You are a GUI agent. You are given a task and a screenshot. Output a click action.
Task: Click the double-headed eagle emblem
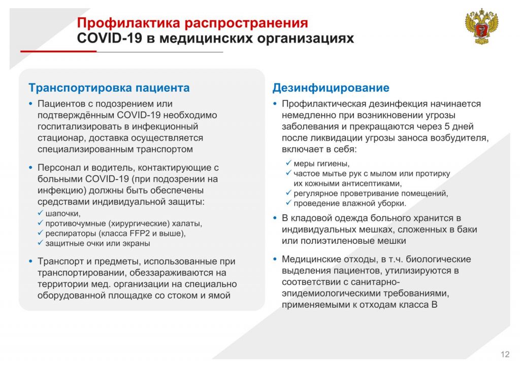[x=481, y=27]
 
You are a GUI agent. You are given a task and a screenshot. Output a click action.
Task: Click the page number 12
[x=505, y=354]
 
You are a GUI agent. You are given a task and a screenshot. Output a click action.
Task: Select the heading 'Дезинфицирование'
[x=331, y=88]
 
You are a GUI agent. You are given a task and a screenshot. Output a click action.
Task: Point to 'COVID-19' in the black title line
[x=110, y=38]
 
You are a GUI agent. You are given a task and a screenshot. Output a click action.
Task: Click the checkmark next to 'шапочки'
[x=41, y=213]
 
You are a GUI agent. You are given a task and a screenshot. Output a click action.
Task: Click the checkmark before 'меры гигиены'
[x=288, y=163]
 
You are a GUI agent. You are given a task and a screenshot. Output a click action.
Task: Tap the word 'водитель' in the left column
[x=113, y=168]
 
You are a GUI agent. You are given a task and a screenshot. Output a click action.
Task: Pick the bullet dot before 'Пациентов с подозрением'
[x=31, y=104]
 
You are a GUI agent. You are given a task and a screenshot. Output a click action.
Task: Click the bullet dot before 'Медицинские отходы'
[x=275, y=259]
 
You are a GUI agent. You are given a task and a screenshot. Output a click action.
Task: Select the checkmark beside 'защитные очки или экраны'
[x=41, y=243]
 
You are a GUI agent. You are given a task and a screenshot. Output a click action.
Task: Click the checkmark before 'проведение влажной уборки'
[x=288, y=203]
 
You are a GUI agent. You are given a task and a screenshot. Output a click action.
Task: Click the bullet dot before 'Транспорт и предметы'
[x=31, y=262]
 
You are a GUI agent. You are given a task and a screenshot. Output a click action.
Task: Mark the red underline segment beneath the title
[x=58, y=51]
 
